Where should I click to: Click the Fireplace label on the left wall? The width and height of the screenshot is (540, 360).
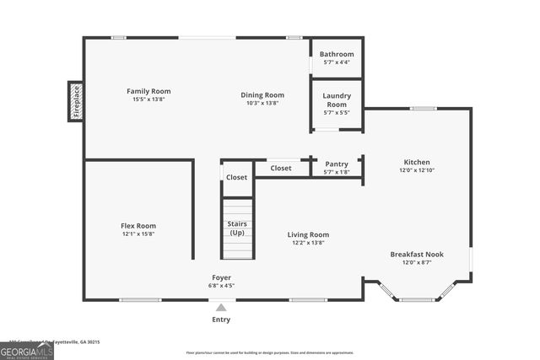[x=75, y=102]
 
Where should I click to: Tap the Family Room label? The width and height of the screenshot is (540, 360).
[x=148, y=91]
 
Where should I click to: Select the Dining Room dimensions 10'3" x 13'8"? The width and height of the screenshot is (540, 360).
[x=262, y=103]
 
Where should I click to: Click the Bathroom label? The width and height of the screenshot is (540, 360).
[x=337, y=54]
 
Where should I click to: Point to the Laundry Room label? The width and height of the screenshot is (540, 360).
[x=337, y=99]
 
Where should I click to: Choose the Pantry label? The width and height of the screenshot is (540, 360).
[x=337, y=164]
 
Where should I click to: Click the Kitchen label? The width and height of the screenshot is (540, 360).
[x=417, y=162]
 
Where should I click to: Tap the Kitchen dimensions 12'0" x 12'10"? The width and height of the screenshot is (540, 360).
[x=417, y=170]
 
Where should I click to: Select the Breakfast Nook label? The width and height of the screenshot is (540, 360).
[x=417, y=254]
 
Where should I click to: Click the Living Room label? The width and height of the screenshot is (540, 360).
[x=309, y=234]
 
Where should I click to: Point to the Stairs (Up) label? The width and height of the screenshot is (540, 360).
[x=237, y=228]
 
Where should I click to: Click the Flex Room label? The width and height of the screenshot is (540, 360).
[x=138, y=225]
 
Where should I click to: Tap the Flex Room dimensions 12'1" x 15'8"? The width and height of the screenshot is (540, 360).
[x=138, y=234]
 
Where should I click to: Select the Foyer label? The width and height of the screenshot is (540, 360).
[x=221, y=277]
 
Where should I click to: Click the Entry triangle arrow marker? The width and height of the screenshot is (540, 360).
[x=221, y=308]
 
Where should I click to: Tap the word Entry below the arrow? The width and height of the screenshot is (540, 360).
[x=221, y=320]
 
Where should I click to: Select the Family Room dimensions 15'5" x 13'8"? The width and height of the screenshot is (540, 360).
[x=148, y=99]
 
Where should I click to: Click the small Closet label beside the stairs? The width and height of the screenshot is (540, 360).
[x=237, y=177]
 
